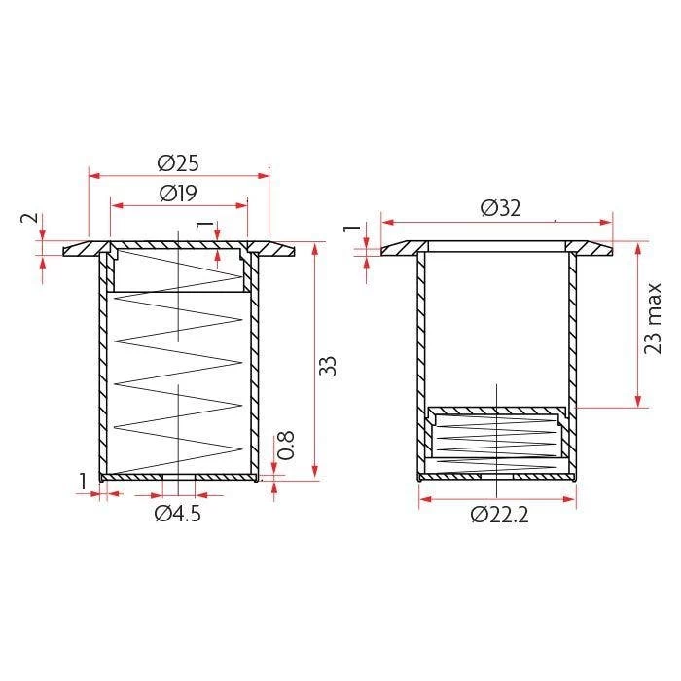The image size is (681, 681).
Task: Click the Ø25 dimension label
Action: point(178,163)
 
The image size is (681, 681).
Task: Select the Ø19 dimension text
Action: point(178,193)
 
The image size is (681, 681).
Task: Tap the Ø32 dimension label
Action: point(500,208)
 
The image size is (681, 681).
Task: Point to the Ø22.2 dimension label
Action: point(499,515)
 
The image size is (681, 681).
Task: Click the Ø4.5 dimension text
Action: point(178,514)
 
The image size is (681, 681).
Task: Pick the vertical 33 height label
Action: point(328,366)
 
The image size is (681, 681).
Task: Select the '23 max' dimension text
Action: point(653,318)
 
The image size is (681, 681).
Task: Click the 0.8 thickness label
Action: point(286,446)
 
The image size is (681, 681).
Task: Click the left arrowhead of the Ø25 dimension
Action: point(94,176)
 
